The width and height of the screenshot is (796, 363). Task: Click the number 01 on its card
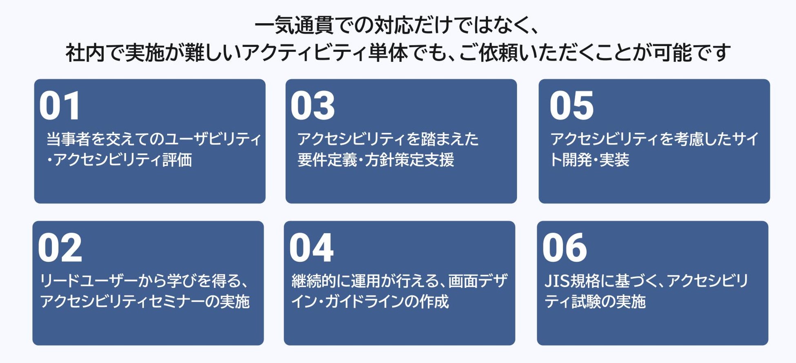click(x=60, y=106)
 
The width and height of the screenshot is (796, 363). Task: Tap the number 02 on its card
click(x=60, y=247)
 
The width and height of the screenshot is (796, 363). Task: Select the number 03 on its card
click(x=313, y=106)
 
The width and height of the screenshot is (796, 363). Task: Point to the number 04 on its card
click(x=311, y=247)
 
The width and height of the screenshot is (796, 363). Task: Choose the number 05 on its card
click(x=571, y=106)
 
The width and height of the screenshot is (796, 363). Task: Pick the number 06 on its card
click(x=565, y=247)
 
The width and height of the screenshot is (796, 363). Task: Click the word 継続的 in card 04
click(x=314, y=281)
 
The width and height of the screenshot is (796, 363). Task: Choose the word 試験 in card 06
click(x=586, y=301)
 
